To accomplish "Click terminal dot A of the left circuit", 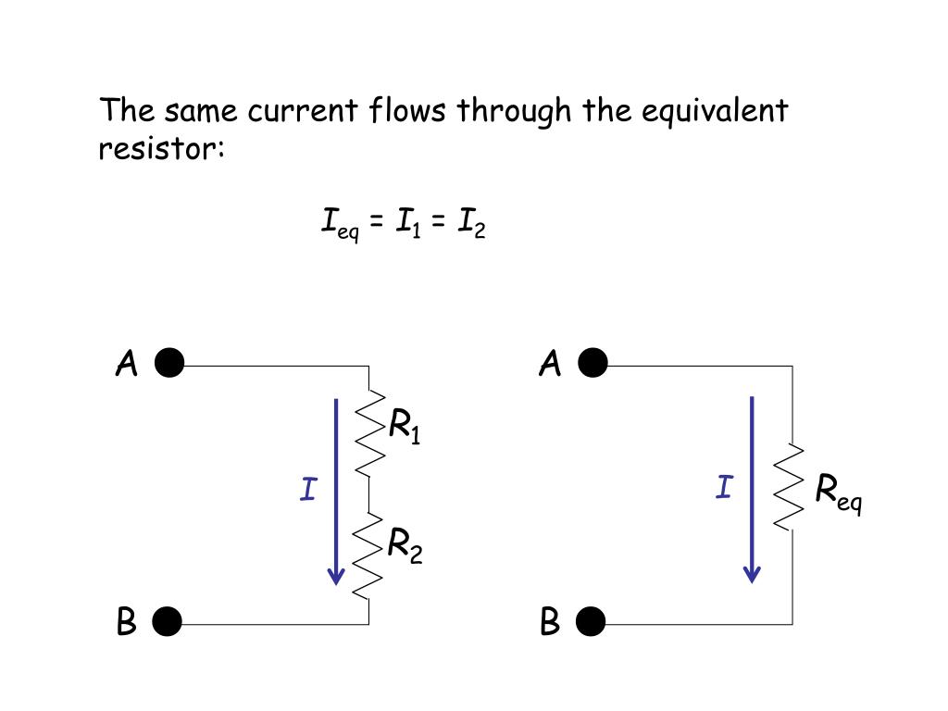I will click(x=169, y=365).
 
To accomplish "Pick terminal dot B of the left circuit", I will click(x=168, y=622).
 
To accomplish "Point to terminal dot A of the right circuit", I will click(x=592, y=365).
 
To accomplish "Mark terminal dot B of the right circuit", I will click(x=591, y=622).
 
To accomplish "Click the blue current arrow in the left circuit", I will click(x=336, y=491).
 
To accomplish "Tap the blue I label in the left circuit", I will click(x=308, y=489).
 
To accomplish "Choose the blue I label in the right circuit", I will click(x=724, y=487).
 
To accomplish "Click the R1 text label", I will click(x=405, y=427).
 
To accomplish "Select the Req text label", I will click(x=839, y=493).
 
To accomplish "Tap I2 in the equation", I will click(x=469, y=223).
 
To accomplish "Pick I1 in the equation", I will click(x=406, y=223).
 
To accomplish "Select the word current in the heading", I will click(x=301, y=112).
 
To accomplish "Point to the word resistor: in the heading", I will click(x=162, y=148).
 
